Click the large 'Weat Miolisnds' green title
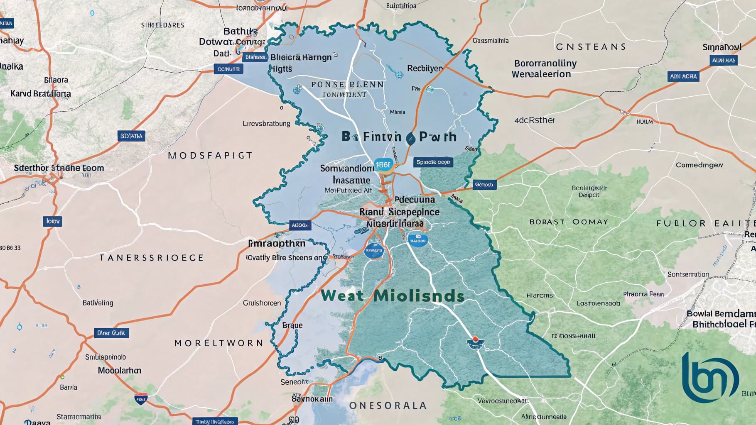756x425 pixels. pyautogui.click(x=393, y=296)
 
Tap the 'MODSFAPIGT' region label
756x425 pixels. pyautogui.click(x=210, y=156)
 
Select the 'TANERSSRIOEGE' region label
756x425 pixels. pyautogui.click(x=152, y=258)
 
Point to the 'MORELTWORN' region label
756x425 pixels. pyautogui.click(x=219, y=343)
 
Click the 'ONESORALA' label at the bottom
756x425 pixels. pyautogui.click(x=388, y=405)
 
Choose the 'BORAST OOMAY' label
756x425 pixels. pyautogui.click(x=569, y=222)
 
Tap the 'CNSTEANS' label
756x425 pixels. pyautogui.click(x=591, y=47)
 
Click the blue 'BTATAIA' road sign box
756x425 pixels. pyautogui.click(x=131, y=136)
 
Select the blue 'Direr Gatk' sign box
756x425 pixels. pyautogui.click(x=111, y=333)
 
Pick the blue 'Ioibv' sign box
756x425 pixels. pyautogui.click(x=53, y=221)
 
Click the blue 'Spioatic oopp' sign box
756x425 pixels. pyautogui.click(x=433, y=162)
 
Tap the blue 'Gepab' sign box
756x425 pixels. pyautogui.click(x=484, y=185)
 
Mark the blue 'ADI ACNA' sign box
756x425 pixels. pyautogui.click(x=684, y=76)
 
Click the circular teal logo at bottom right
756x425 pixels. pyautogui.click(x=710, y=378)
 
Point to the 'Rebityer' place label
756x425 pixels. pyautogui.click(x=425, y=68)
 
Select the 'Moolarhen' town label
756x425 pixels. pyautogui.click(x=119, y=370)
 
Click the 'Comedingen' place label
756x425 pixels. pyautogui.click(x=699, y=165)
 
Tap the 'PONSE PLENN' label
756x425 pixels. pyautogui.click(x=347, y=85)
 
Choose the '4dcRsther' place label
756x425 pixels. pyautogui.click(x=534, y=120)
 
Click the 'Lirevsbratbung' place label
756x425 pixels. pyautogui.click(x=266, y=124)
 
